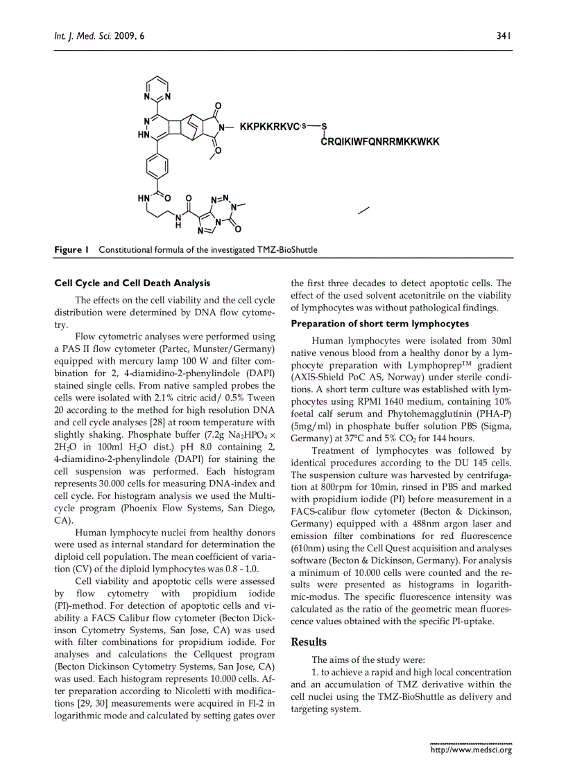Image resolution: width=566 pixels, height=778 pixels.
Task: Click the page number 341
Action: coord(504,35)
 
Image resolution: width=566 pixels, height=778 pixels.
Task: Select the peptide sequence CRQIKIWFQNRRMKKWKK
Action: coord(380,142)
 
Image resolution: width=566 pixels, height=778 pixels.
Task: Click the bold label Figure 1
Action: coord(72,249)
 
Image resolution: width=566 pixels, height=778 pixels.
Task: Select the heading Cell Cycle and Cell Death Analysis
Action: coord(132,283)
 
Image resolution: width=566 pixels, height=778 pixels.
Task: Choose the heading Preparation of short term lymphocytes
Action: coord(379,324)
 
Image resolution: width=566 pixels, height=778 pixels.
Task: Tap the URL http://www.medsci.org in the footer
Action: coord(471,750)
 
